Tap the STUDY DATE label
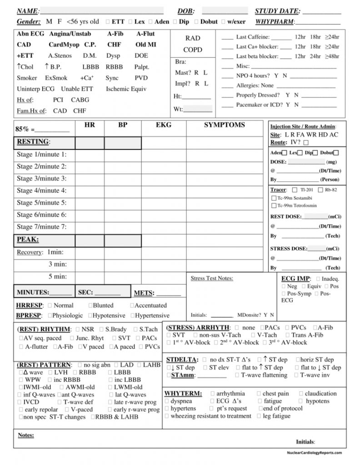click(277, 11)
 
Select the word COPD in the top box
click(193, 49)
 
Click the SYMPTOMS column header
click(224, 125)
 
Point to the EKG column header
click(164, 125)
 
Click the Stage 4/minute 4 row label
click(41, 191)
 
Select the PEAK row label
click(28, 239)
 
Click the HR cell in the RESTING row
click(90, 143)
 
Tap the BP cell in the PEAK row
click(123, 241)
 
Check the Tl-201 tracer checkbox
click(295, 190)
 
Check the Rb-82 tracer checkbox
click(321, 190)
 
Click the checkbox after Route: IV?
click(305, 143)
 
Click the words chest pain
click(275, 393)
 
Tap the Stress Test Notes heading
click(212, 278)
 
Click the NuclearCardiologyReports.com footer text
click(314, 453)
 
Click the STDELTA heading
click(182, 359)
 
